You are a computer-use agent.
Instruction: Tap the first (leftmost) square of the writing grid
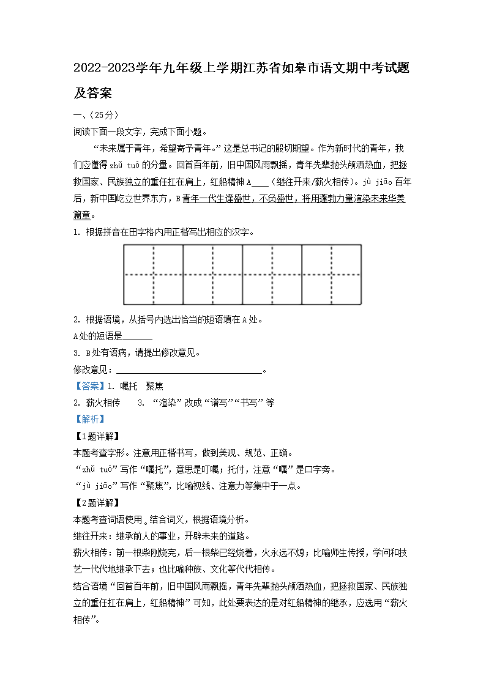pos(153,275)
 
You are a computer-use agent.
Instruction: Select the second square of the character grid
pos(212,275)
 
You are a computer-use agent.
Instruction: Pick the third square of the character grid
pos(272,275)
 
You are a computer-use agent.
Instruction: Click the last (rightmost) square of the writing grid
pos(331,275)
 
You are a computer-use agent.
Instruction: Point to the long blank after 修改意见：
pos(189,370)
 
